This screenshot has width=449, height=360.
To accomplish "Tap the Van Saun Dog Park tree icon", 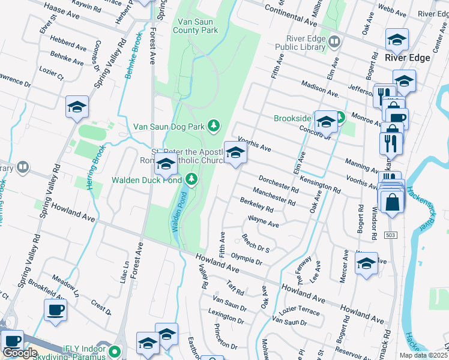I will click(212, 125).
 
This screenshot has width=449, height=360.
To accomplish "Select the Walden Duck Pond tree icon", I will click(191, 178).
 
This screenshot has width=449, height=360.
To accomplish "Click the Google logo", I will click(20, 353).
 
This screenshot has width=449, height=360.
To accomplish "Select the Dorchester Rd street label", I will click(278, 184).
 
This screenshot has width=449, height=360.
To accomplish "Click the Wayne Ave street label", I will click(264, 221).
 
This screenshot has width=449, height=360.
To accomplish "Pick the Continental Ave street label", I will click(291, 16).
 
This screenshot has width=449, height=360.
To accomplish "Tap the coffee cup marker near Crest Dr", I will click(55, 310).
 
